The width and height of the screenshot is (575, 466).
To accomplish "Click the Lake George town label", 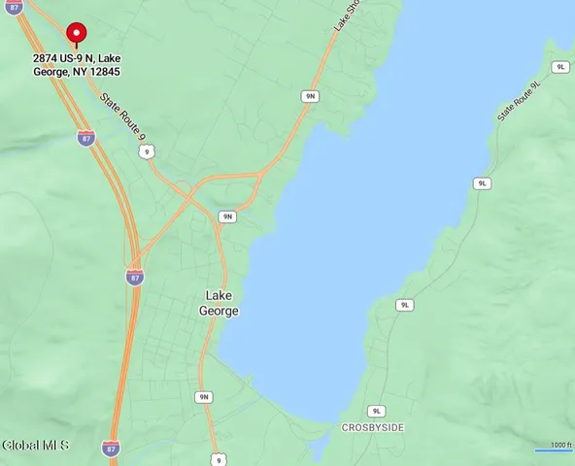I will click(221, 302).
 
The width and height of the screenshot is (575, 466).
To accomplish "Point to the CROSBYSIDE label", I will click(373, 427).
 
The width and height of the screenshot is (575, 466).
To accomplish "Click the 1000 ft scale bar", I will click(555, 447).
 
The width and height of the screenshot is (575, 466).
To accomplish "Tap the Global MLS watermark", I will click(36, 446).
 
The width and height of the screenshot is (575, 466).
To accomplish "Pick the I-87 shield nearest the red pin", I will click(86, 138).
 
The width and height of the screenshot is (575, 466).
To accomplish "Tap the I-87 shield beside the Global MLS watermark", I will click(112, 448).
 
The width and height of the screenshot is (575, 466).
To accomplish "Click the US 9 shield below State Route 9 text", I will click(147, 152).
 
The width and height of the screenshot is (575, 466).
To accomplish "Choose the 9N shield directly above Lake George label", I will click(226, 216).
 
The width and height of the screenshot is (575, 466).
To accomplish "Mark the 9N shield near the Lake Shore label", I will click(310, 96).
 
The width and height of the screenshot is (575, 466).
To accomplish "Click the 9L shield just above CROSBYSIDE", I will click(378, 411).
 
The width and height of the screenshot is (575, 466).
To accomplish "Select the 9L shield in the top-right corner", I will click(560, 66).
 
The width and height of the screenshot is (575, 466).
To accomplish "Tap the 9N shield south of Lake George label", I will click(203, 396).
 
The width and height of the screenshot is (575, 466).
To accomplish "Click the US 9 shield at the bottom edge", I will click(220, 459).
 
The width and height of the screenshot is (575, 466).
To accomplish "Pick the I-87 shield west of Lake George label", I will click(134, 277).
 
